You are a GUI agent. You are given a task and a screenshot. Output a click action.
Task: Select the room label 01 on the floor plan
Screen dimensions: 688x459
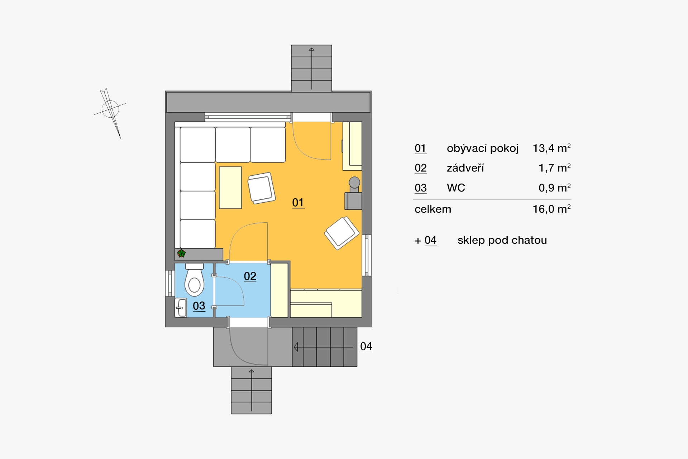(298, 203)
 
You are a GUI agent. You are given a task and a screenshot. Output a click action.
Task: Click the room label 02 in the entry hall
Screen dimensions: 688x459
(250, 276)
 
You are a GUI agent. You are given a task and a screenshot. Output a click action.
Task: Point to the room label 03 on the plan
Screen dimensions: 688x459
(199, 306)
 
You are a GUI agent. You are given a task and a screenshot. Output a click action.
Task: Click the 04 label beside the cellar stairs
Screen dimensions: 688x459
(366, 346)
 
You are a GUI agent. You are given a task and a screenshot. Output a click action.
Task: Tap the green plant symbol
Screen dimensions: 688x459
(182, 254)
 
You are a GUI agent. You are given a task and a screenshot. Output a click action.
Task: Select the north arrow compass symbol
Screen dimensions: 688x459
(110, 112)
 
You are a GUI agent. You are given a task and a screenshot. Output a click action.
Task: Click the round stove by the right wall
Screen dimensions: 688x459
(354, 183)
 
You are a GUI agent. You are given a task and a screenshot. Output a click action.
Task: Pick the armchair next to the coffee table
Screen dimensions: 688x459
(262, 188)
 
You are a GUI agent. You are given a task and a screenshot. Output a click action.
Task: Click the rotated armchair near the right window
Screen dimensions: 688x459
(342, 233)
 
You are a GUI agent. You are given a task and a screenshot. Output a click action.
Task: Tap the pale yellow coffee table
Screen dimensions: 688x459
(230, 188)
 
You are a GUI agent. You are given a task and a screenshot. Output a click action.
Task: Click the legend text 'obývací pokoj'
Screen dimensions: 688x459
(482, 148)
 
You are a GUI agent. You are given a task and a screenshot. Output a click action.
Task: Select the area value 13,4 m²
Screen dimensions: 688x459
(551, 148)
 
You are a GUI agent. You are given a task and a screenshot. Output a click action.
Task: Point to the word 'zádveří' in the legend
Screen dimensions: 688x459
(465, 168)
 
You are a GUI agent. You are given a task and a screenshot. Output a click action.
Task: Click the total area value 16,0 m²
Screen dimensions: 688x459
(551, 209)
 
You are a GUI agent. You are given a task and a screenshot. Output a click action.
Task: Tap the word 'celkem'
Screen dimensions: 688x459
(433, 209)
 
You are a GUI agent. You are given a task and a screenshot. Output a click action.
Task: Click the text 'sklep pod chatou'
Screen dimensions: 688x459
(502, 240)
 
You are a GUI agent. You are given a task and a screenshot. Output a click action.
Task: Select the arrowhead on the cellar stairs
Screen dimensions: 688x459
(296, 347)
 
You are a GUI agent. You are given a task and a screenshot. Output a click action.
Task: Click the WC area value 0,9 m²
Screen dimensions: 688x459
(555, 188)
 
